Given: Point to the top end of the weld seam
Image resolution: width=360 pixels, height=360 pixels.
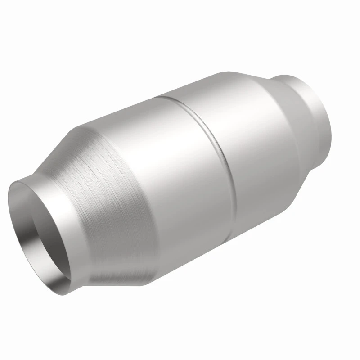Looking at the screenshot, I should (169, 97).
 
